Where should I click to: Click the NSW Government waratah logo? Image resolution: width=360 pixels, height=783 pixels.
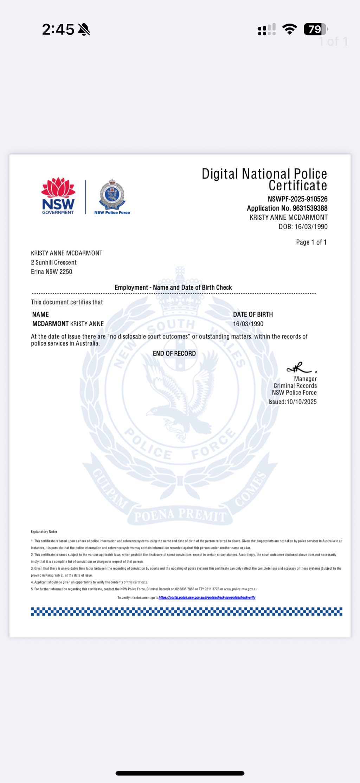pos(58,195)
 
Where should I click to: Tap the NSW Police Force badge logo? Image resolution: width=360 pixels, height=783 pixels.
pos(112,196)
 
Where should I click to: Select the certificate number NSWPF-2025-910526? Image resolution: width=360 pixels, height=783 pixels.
pos(297,199)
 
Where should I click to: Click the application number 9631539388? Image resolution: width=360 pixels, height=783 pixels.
pos(310,208)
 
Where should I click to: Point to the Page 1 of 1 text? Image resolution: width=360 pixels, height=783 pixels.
pos(311,242)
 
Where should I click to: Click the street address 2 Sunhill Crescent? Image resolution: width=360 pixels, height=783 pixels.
pos(54,262)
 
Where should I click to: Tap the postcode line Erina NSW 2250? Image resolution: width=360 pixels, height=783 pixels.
pos(52,271)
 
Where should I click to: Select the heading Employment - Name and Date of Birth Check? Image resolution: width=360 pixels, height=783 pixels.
pos(173,288)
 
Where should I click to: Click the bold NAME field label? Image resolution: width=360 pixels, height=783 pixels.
pos(40,314)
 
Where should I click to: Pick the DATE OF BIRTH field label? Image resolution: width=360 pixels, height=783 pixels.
pos(253,314)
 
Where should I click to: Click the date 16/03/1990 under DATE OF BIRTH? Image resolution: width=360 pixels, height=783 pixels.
pos(248,324)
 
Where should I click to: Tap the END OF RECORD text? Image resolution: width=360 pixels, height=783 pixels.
pos(174,353)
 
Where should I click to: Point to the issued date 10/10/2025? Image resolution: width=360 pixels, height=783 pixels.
pos(302,402)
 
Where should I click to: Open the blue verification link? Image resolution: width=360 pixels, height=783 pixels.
pos(207,597)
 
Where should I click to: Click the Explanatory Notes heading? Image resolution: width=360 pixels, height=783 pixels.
pos(44,532)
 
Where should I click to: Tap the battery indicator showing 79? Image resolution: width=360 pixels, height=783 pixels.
pos(315,29)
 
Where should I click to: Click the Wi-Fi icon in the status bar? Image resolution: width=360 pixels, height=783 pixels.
pos(289,29)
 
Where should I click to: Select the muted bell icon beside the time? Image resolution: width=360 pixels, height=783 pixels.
pos(84,30)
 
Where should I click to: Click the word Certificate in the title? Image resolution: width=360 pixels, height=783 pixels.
pos(298,186)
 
